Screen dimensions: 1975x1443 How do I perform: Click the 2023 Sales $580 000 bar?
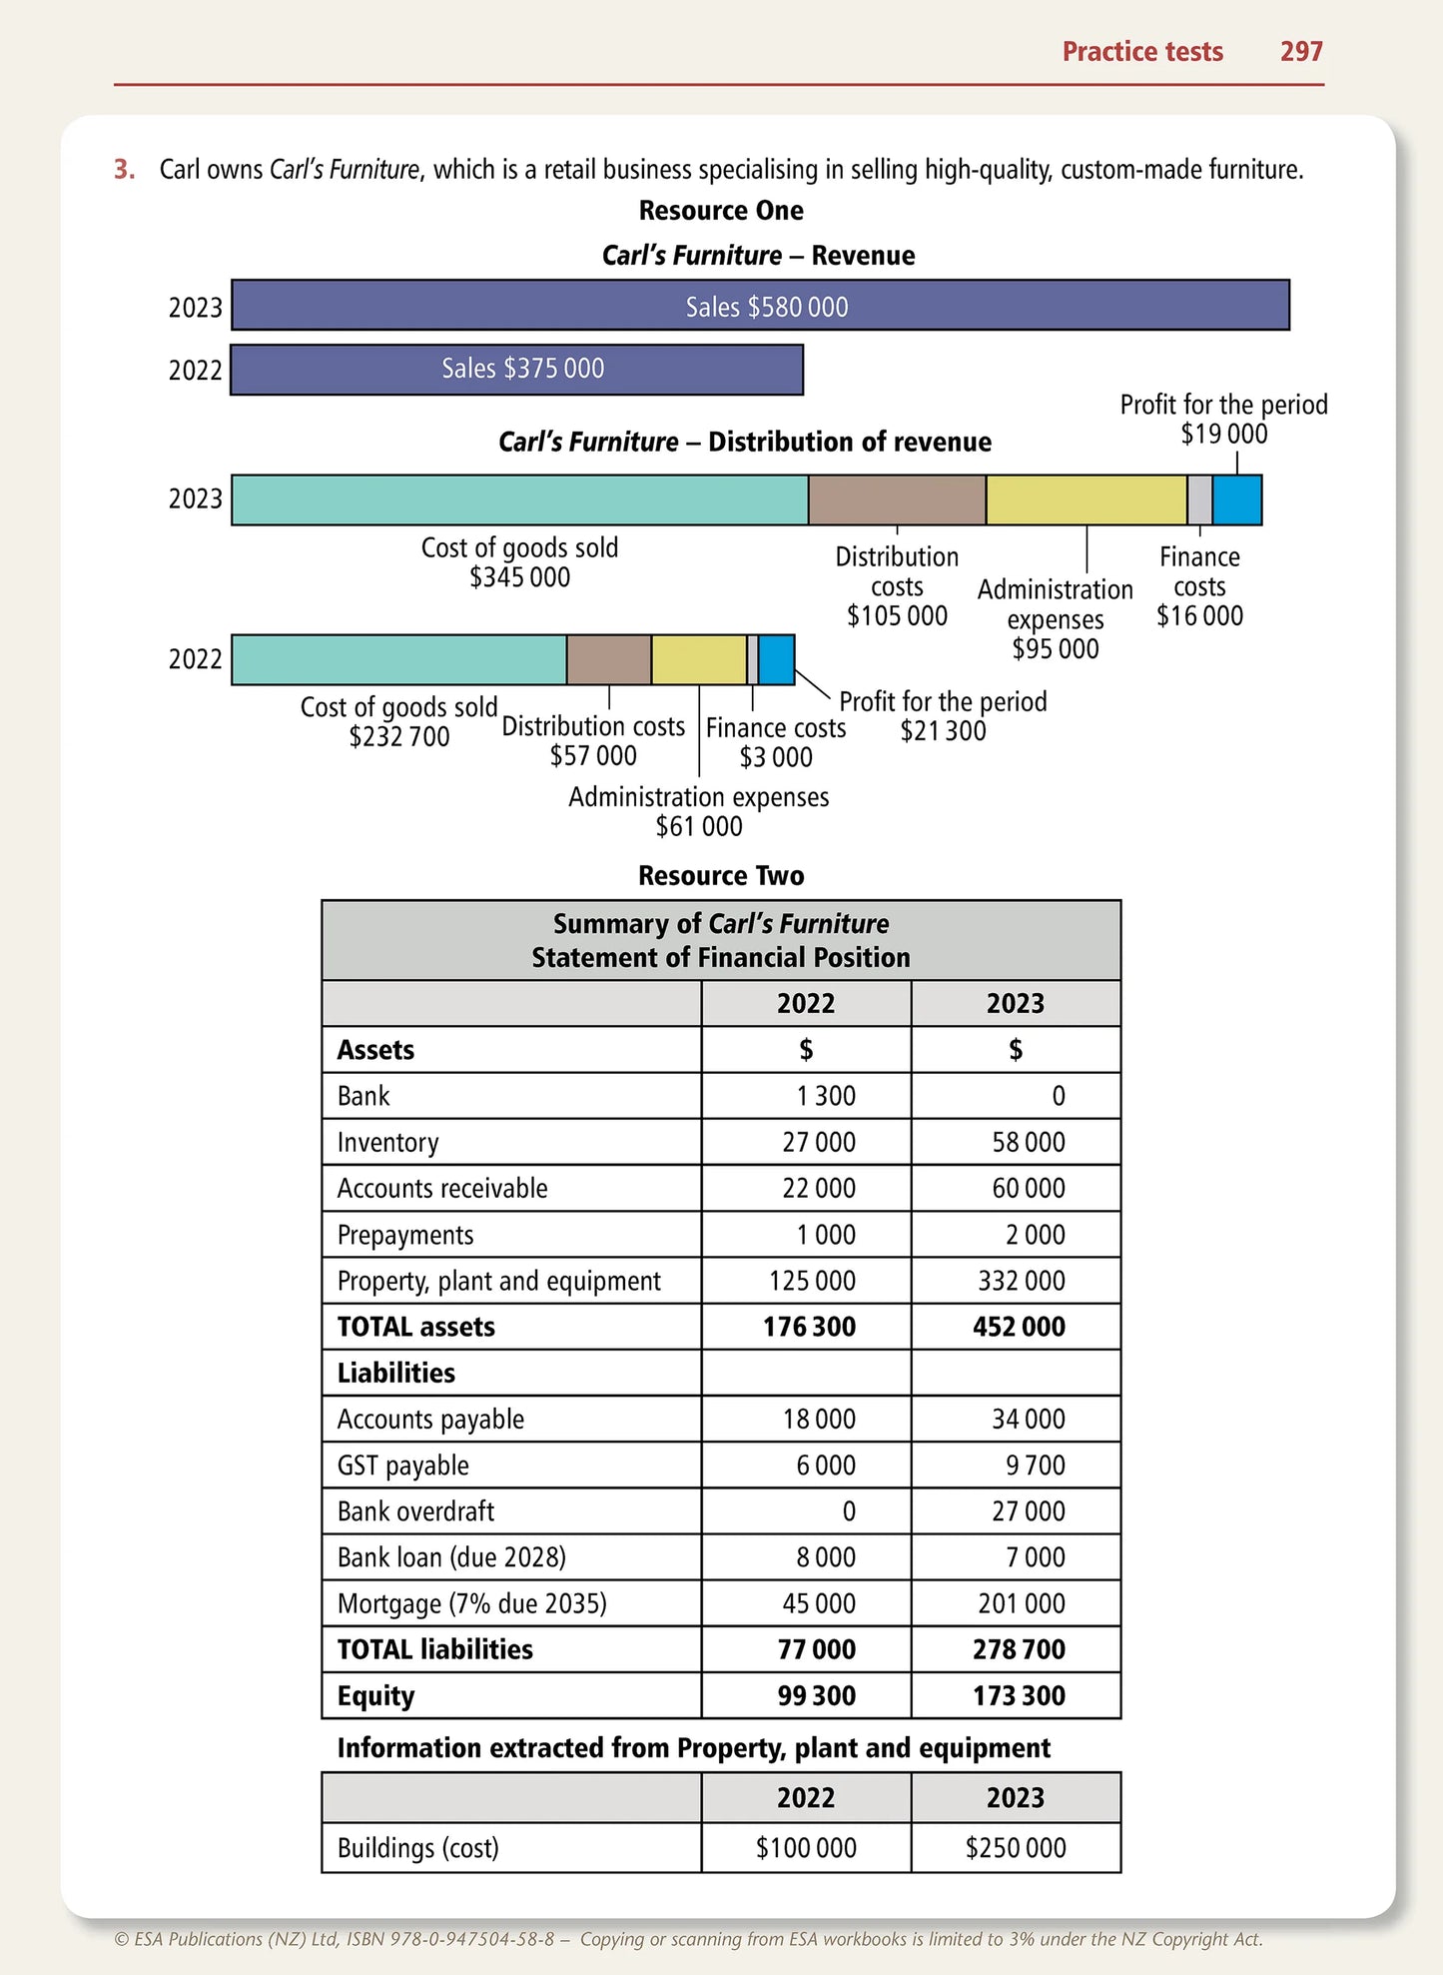click(x=760, y=306)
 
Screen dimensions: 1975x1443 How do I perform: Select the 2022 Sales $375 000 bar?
click(x=516, y=369)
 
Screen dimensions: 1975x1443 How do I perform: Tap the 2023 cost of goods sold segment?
click(x=519, y=499)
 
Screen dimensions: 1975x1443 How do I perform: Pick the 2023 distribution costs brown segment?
click(x=897, y=499)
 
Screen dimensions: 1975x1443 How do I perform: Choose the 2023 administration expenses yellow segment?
click(x=1085, y=499)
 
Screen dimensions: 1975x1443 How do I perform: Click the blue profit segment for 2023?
click(x=1236, y=499)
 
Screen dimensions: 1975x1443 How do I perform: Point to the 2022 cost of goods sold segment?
click(x=399, y=659)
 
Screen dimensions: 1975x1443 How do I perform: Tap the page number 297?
click(x=1301, y=52)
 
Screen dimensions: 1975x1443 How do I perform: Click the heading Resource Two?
click(x=721, y=876)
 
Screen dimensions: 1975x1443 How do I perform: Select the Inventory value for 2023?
click(x=1028, y=1142)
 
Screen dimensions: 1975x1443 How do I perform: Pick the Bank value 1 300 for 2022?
click(x=825, y=1096)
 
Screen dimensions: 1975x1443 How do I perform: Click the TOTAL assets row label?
click(x=416, y=1327)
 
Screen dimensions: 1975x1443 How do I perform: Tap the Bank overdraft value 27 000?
click(x=1028, y=1511)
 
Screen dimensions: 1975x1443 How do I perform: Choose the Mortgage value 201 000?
click(x=1021, y=1603)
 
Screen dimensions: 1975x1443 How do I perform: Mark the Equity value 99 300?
click(x=816, y=1695)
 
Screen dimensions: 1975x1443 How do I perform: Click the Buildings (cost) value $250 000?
click(x=1016, y=1848)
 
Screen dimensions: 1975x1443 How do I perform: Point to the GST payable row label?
click(x=403, y=1466)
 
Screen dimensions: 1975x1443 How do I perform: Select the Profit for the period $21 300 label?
click(x=943, y=716)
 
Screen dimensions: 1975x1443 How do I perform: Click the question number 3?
click(x=124, y=170)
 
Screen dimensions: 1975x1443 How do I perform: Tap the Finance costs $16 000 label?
click(x=1199, y=586)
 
